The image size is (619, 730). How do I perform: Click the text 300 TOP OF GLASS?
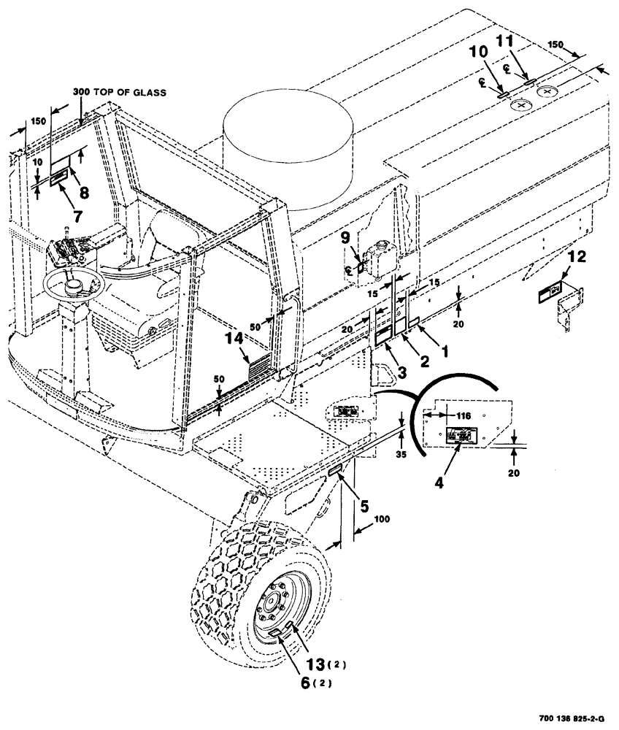119,93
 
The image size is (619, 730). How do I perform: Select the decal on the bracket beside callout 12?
548,293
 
